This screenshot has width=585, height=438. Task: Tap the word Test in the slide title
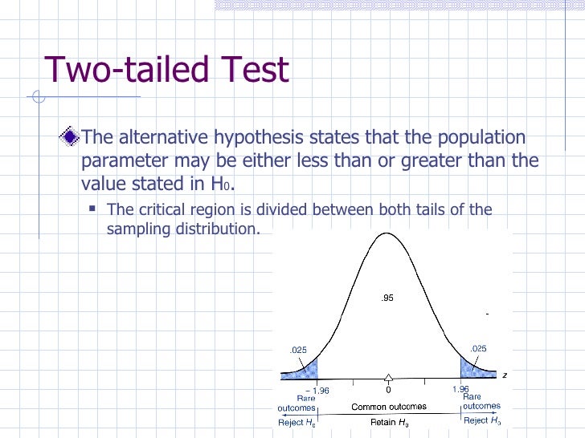pos(252,70)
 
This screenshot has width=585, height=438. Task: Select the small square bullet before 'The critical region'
pos(92,209)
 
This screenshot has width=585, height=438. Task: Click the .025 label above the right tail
pos(478,347)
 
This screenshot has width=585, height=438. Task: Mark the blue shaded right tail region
pos(472,368)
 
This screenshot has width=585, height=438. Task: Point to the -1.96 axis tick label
pos(316,390)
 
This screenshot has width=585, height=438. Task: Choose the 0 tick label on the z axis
pos(388,390)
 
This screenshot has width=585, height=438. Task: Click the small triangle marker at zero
pos(388,378)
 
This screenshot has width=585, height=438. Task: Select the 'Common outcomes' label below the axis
pos(389,407)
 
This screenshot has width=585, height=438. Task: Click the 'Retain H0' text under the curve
pos(389,420)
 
